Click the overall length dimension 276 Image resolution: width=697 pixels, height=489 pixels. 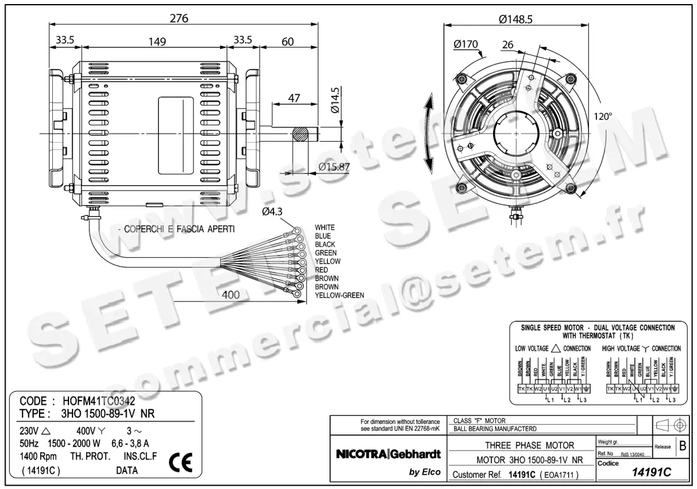coord(179,18)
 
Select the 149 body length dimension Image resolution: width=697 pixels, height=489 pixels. coord(157,41)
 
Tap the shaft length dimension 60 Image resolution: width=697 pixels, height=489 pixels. coord(287,41)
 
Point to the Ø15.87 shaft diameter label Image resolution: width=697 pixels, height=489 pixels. coord(334,167)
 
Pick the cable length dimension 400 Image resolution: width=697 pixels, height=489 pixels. coord(231,295)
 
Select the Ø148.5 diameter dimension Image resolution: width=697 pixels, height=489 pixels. coord(515,19)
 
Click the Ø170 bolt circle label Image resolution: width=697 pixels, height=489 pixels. coord(466,44)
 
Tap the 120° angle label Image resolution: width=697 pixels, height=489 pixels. coord(602,116)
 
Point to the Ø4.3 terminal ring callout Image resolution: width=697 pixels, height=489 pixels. coord(272,212)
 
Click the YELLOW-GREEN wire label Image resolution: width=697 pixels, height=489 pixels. coord(339,296)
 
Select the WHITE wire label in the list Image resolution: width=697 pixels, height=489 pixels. coord(325,227)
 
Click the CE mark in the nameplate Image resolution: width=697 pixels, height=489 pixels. coord(179,462)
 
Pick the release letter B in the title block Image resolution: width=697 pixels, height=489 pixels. coord(682,447)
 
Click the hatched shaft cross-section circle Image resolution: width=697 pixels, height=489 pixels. coord(302,134)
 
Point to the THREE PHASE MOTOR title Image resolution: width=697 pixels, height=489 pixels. coord(521,445)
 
